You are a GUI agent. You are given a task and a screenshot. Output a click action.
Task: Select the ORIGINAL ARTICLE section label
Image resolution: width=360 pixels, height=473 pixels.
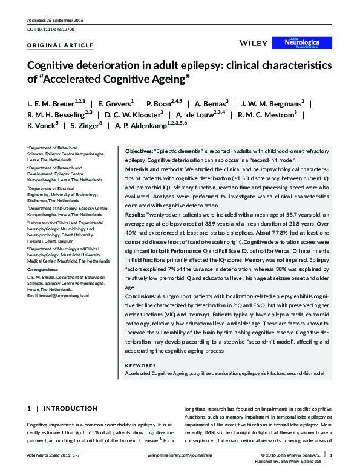(61, 45)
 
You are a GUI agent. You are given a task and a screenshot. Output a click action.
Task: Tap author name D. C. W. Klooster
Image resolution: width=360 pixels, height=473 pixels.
(131, 114)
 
